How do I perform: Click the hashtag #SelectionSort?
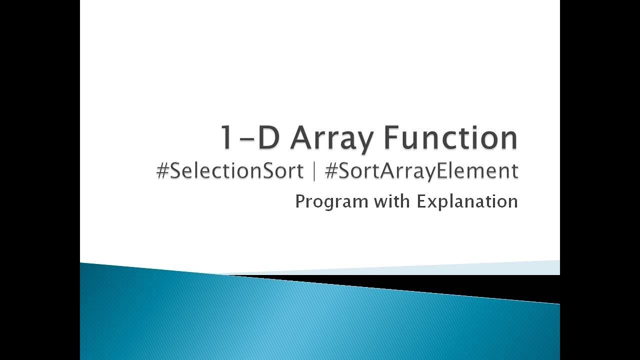[x=230, y=171]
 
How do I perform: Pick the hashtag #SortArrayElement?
[x=421, y=171]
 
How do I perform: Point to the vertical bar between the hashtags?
[x=314, y=171]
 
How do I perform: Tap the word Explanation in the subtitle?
[x=467, y=201]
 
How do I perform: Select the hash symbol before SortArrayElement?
[x=330, y=171]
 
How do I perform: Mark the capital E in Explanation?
[x=421, y=201]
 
